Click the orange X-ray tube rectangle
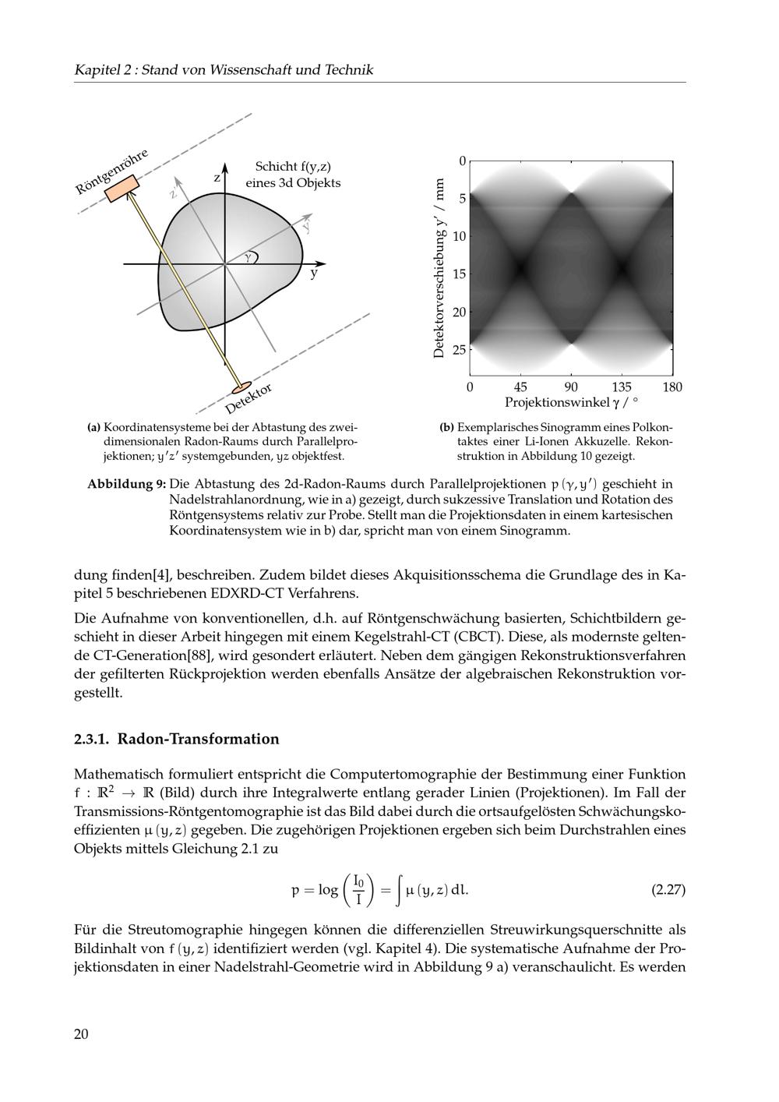coord(122,189)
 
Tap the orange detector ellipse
coord(241,387)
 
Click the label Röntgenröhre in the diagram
coord(111,171)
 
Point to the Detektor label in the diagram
coord(249,399)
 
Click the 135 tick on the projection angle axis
coord(622,387)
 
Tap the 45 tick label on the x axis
coord(520,387)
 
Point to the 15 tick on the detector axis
coord(460,274)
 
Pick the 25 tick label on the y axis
coord(460,349)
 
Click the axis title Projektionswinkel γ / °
coord(571,403)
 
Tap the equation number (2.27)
coord(668,889)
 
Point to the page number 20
coord(82,1034)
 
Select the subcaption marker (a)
coord(94,427)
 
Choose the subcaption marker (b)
coord(446,427)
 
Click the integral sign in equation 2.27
coord(399,890)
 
